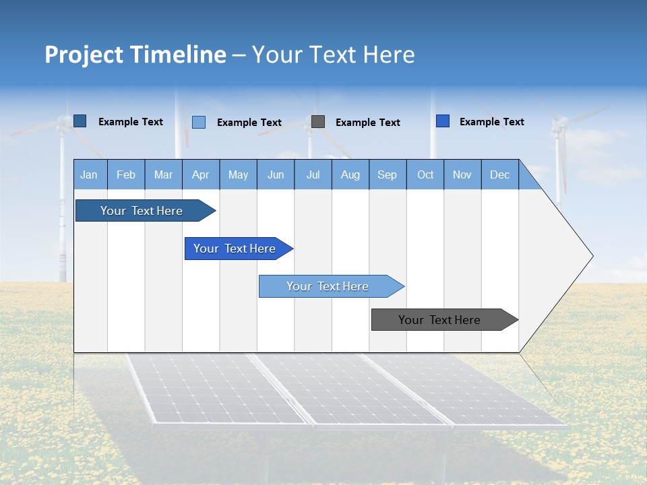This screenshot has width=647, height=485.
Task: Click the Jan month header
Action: (89, 174)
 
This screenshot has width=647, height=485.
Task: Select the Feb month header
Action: (126, 174)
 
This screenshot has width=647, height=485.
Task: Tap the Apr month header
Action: (200, 174)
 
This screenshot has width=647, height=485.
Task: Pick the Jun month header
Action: (276, 174)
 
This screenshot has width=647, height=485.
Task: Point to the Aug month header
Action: (350, 174)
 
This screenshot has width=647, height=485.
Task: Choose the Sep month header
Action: (387, 174)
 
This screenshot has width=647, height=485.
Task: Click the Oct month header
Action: (425, 174)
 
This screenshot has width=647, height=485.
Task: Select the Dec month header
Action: (499, 174)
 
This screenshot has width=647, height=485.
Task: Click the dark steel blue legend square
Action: (80, 121)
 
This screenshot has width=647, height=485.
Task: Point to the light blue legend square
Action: (199, 122)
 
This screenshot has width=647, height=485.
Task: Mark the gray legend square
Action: (318, 122)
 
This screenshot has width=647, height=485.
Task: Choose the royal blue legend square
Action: (443, 121)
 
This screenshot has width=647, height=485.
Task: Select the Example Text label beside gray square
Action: (367, 123)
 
